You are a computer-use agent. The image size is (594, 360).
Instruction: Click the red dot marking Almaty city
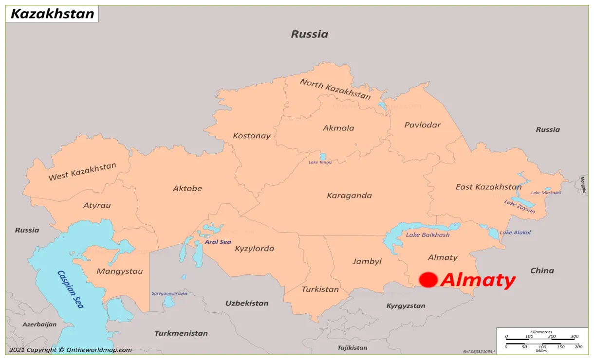(x=428, y=280)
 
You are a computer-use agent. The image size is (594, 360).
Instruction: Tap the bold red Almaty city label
(x=478, y=280)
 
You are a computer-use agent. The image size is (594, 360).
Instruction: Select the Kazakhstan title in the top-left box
(x=53, y=14)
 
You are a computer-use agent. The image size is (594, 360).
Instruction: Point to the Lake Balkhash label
(x=427, y=235)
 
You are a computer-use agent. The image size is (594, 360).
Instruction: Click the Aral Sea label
(x=218, y=242)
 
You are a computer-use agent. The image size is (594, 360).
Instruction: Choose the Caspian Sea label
(x=71, y=289)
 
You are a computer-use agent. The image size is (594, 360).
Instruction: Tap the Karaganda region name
(x=349, y=196)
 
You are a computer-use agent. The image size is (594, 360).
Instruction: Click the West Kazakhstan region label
(x=82, y=172)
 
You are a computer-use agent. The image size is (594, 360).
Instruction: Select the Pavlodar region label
(x=422, y=125)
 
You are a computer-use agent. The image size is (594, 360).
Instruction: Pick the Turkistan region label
(x=320, y=289)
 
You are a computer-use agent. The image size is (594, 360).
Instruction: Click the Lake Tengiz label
(x=320, y=162)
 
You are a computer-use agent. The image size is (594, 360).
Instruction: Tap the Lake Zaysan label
(x=520, y=206)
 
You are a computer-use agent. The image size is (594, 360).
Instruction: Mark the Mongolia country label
(x=583, y=185)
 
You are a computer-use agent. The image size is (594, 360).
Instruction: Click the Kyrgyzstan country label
(x=406, y=306)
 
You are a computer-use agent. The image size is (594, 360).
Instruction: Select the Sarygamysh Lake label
(x=169, y=293)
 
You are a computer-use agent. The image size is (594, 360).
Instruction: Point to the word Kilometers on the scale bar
(x=541, y=332)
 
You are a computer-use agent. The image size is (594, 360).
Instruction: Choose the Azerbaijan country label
(x=39, y=324)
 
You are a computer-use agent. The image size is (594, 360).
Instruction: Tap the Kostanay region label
(x=251, y=136)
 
